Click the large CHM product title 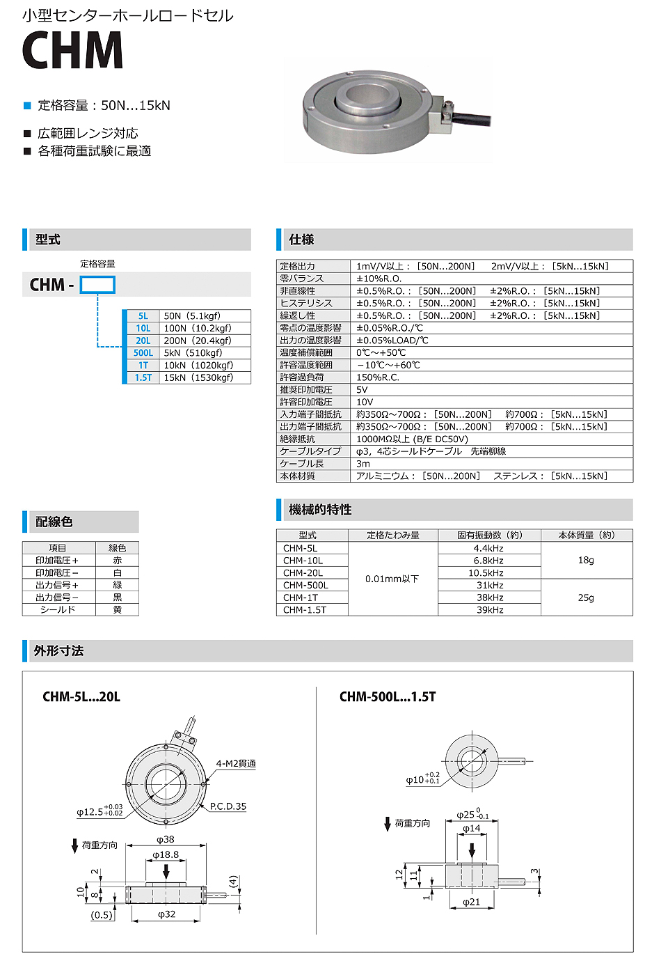(72, 50)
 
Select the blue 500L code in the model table (143, 353)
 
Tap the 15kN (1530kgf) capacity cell (198, 377)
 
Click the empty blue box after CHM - (97, 285)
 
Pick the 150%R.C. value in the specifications (378, 377)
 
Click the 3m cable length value (363, 464)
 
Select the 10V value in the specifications (365, 402)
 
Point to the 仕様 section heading (301, 240)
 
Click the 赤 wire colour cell (118, 561)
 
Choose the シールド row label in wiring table (57, 610)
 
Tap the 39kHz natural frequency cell (490, 610)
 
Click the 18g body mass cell (586, 560)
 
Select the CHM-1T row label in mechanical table (301, 597)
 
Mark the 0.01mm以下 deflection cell (392, 579)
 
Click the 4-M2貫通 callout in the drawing (236, 763)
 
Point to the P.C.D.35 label (228, 806)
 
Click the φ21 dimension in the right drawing (472, 902)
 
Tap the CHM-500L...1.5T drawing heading (388, 696)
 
